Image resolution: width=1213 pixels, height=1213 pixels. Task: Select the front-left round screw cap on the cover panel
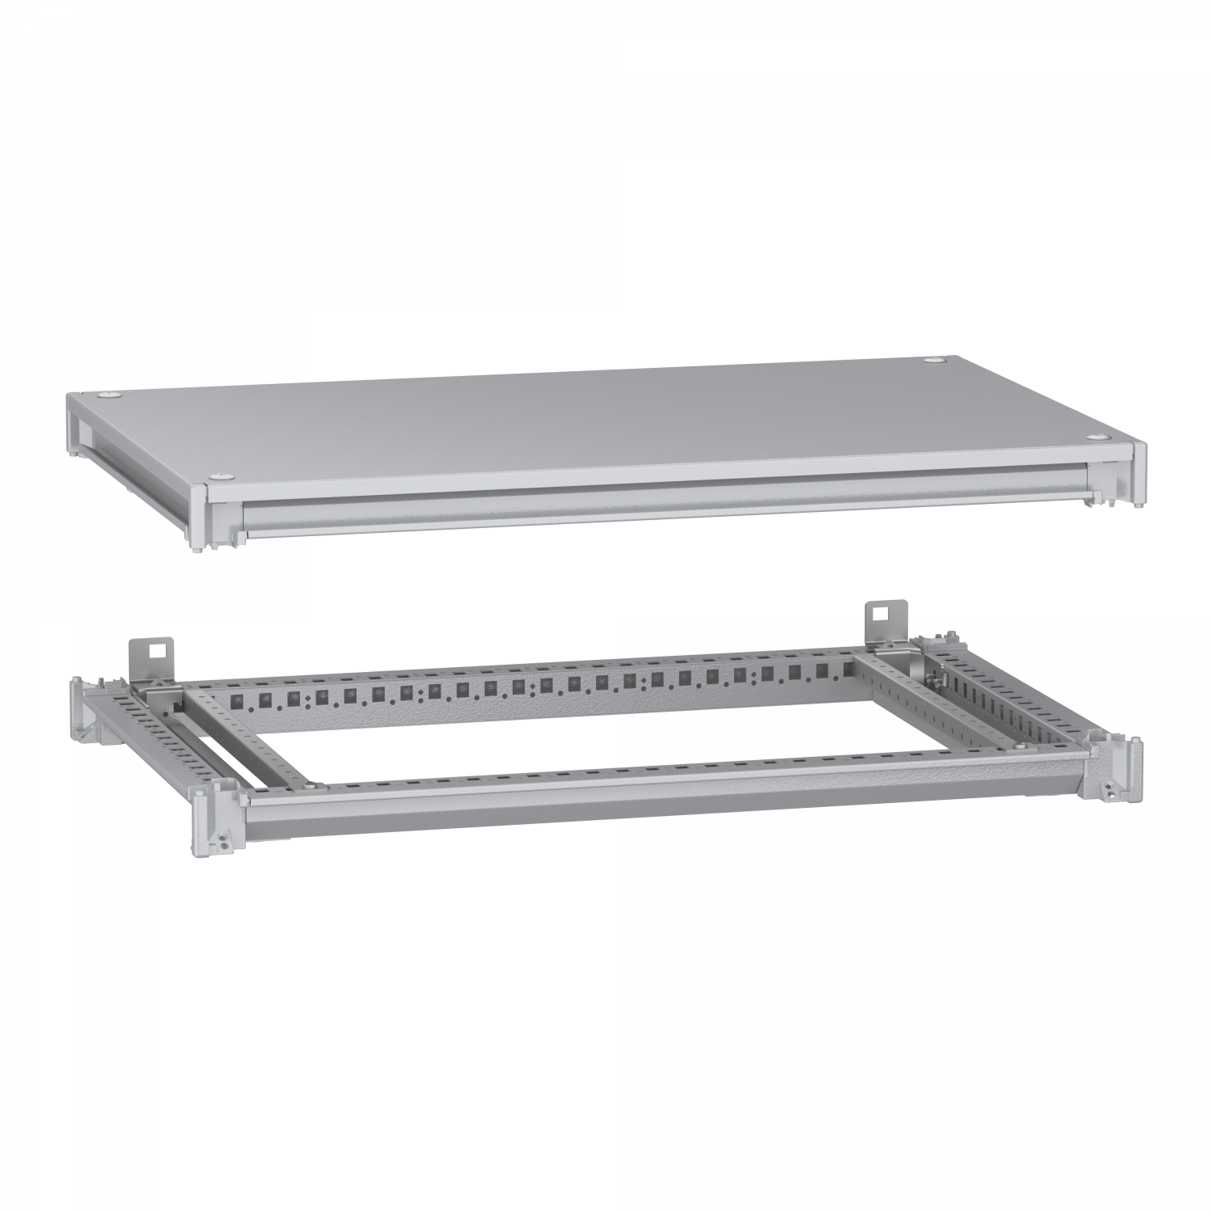click(x=217, y=477)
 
